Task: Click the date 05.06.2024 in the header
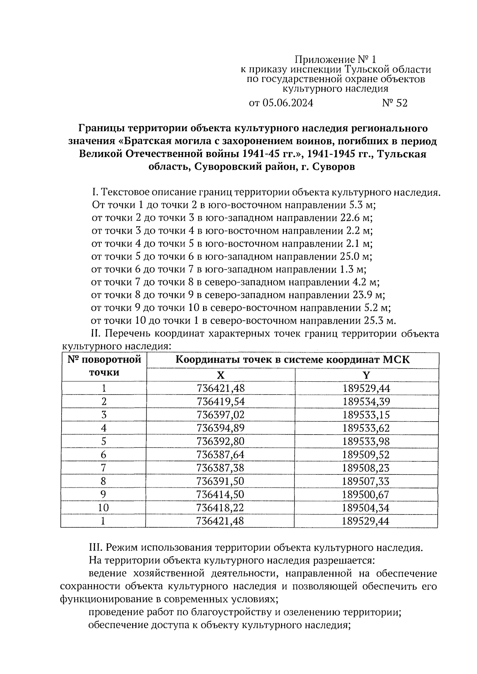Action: coord(287,103)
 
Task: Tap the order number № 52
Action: coord(395,103)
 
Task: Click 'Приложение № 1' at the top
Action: coord(335,60)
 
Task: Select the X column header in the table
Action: coord(221,375)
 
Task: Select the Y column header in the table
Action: coord(366,375)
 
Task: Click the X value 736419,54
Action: coord(221,402)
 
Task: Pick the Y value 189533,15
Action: coord(366,415)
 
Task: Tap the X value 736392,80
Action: coord(221,441)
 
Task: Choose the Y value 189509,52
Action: coord(366,455)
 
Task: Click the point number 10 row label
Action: coord(103,508)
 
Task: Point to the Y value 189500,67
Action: coord(366,494)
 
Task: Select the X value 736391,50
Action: coord(221,481)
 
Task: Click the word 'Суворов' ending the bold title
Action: coord(334,167)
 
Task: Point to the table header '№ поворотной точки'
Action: coord(104,366)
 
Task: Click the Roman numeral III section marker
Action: coord(94,548)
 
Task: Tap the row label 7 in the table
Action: coord(103,468)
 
